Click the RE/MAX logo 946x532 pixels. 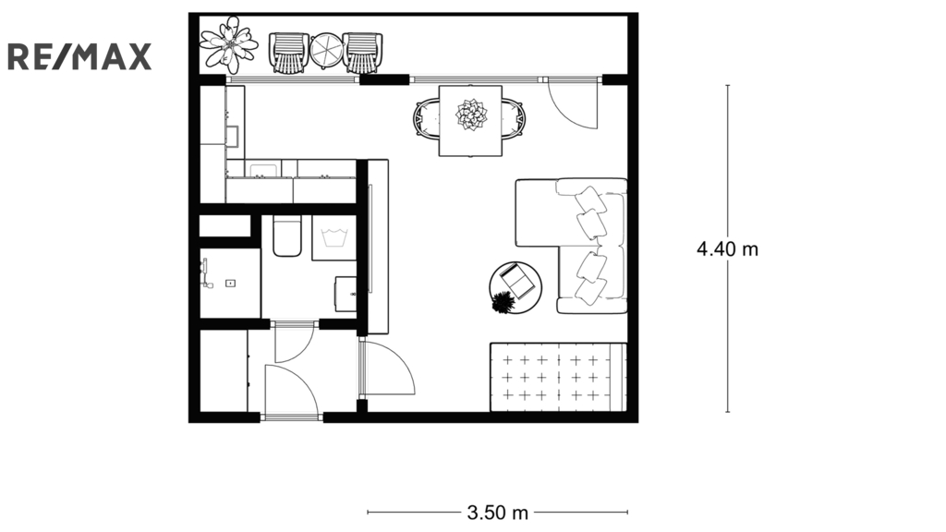(79, 56)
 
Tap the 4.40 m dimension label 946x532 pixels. (727, 248)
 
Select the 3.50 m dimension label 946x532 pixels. (497, 513)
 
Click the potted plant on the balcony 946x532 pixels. (229, 44)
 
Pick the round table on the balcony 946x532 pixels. (326, 50)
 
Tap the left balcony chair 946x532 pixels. (289, 53)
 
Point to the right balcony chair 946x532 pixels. (363, 53)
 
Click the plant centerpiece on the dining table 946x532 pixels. (470, 115)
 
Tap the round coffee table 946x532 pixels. (515, 288)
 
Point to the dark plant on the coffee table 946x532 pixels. (502, 302)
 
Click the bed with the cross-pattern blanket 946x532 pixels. (559, 378)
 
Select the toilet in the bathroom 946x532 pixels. (287, 236)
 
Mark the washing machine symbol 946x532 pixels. (334, 237)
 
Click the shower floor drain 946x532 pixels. (230, 283)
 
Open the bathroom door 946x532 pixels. (295, 344)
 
